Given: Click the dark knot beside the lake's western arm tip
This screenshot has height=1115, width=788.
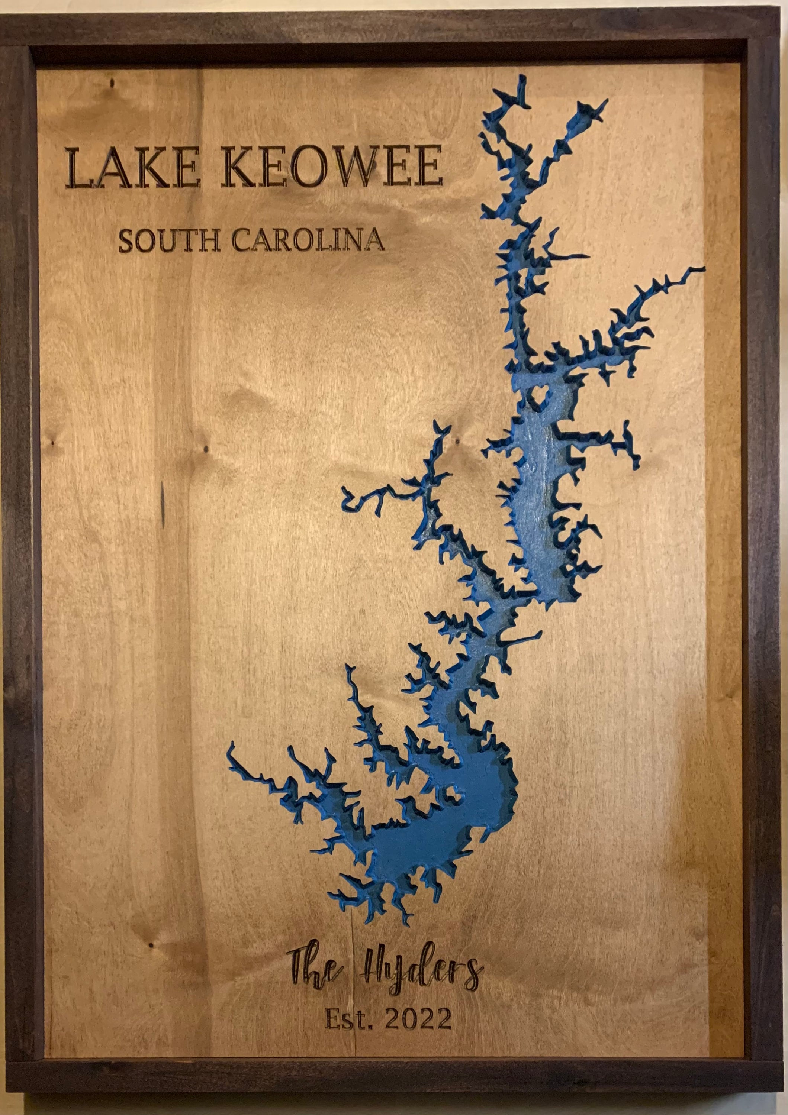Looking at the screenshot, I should (x=457, y=440).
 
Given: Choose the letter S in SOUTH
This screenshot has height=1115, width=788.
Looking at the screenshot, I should (x=127, y=241).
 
